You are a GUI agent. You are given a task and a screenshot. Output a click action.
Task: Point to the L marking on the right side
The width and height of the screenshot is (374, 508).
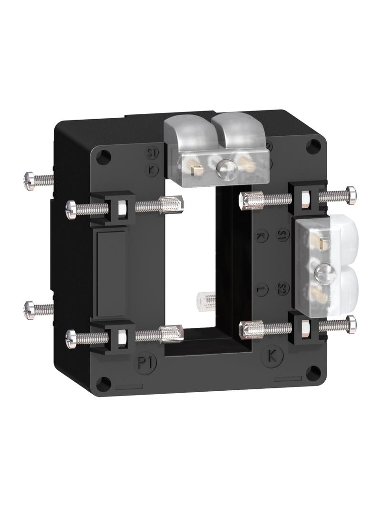261,289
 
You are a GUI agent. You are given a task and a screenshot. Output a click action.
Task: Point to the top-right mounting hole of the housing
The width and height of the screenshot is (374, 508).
312,145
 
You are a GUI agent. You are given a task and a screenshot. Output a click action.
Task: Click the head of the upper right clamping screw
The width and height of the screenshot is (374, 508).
352,195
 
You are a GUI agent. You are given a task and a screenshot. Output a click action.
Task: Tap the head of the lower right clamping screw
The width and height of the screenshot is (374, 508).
352,324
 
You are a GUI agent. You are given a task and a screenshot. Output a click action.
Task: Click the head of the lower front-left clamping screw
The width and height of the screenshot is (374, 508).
71,337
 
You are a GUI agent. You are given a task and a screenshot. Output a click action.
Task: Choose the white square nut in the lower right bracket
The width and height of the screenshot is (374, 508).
304,326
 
